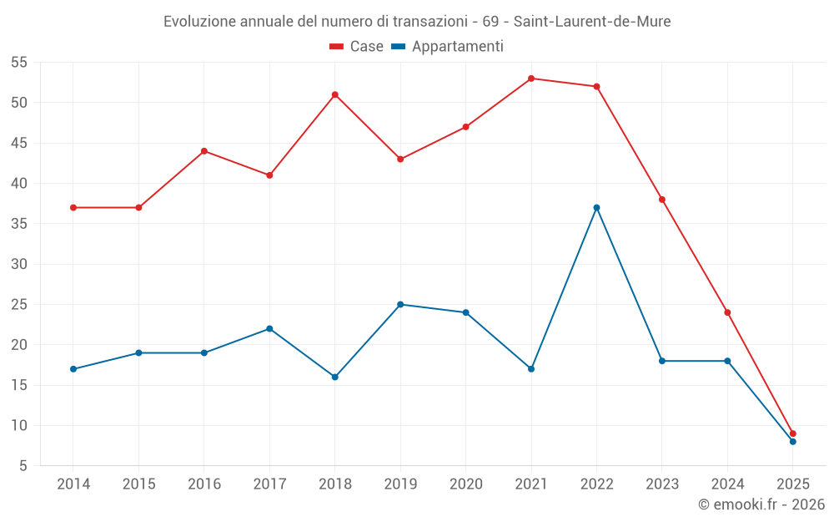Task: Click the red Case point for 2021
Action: [x=531, y=79]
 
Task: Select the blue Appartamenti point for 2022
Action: [x=596, y=207]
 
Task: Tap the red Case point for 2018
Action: [x=335, y=94]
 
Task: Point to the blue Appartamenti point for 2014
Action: [x=73, y=369]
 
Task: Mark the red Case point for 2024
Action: [x=727, y=312]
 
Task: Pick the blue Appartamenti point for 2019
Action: [x=400, y=304]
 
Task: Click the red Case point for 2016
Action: [x=204, y=151]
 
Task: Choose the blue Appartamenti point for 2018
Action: [x=335, y=377]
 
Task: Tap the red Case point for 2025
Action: [x=793, y=433]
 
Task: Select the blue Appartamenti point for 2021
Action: [x=531, y=369]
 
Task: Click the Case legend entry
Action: [x=357, y=47]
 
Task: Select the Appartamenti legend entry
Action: [x=448, y=47]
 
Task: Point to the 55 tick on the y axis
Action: [x=19, y=63]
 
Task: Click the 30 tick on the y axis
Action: [x=19, y=264]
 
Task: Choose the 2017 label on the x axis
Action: [x=269, y=484]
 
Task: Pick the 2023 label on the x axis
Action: [x=662, y=484]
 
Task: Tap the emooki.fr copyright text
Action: [x=761, y=504]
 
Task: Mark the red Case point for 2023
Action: [x=662, y=200]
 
